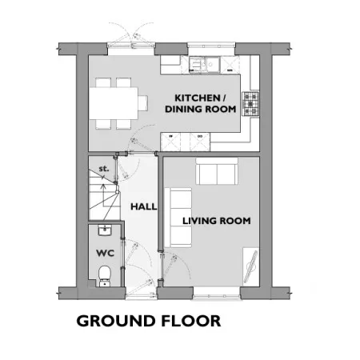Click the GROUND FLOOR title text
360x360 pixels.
coord(149,321)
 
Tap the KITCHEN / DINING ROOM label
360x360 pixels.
coord(201,103)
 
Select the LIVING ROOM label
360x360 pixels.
coord(217,221)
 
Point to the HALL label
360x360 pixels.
coord(143,206)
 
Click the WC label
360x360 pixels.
coord(106,253)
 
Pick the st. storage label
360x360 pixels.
coord(104,169)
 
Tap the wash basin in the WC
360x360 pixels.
coord(105,230)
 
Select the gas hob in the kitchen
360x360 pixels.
coord(250,104)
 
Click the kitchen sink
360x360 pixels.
coord(204,65)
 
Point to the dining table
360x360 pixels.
coord(114,103)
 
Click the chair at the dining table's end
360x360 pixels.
coord(143,103)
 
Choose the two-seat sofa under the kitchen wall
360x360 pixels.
coord(217,171)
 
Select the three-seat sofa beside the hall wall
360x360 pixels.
coord(178,218)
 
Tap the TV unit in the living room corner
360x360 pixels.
coord(251,266)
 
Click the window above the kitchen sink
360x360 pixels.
coord(211,45)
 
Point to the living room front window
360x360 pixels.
coord(217,296)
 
